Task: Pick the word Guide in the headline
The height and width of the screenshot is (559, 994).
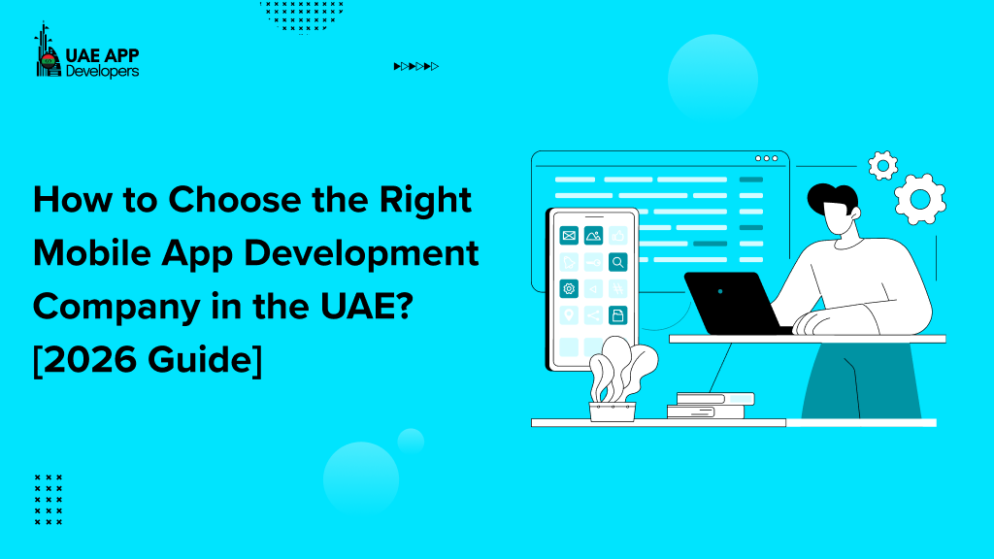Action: tap(204, 360)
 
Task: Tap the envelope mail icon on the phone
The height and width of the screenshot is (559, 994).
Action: tap(569, 235)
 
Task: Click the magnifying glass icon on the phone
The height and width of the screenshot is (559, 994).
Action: tap(618, 262)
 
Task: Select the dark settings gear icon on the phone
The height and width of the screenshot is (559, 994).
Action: tap(569, 288)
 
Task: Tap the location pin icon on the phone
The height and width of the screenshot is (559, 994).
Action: tap(569, 315)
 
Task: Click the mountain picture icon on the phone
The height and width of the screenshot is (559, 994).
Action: tap(593, 235)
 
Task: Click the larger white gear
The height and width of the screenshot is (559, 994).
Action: tap(918, 199)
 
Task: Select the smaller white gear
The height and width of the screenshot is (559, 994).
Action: tap(882, 165)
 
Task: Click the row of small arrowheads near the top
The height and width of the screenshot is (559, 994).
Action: tap(416, 66)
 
